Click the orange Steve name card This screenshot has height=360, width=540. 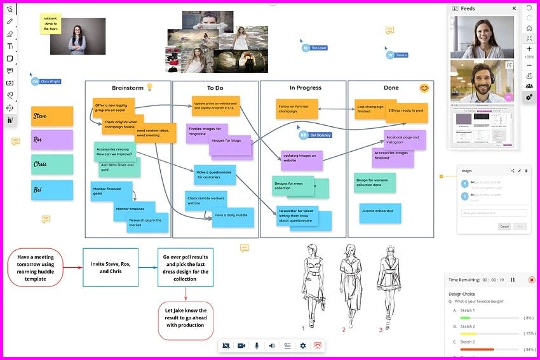click(x=51, y=116)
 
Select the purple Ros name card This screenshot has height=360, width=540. click(x=51, y=140)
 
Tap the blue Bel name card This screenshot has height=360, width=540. click(x=51, y=189)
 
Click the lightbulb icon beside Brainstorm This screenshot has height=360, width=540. click(x=150, y=87)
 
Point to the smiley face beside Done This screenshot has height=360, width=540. click(x=424, y=88)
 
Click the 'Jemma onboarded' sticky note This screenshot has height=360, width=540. click(x=380, y=212)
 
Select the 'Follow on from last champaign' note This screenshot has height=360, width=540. click(x=296, y=108)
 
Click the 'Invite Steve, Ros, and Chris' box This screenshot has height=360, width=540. click(x=110, y=267)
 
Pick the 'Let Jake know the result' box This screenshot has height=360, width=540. click(x=186, y=320)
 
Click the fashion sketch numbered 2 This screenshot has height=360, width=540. click(x=345, y=283)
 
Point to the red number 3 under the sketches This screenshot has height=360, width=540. click(x=381, y=330)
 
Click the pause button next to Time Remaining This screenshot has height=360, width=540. click(x=513, y=279)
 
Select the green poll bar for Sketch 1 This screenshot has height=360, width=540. click(x=465, y=317)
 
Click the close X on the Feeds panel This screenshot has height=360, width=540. click(x=514, y=8)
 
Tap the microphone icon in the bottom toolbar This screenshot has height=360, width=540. click(x=257, y=345)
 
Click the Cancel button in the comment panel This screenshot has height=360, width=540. click(x=504, y=226)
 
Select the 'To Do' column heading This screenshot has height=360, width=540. click(x=215, y=88)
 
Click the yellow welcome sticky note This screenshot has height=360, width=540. click(x=51, y=24)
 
